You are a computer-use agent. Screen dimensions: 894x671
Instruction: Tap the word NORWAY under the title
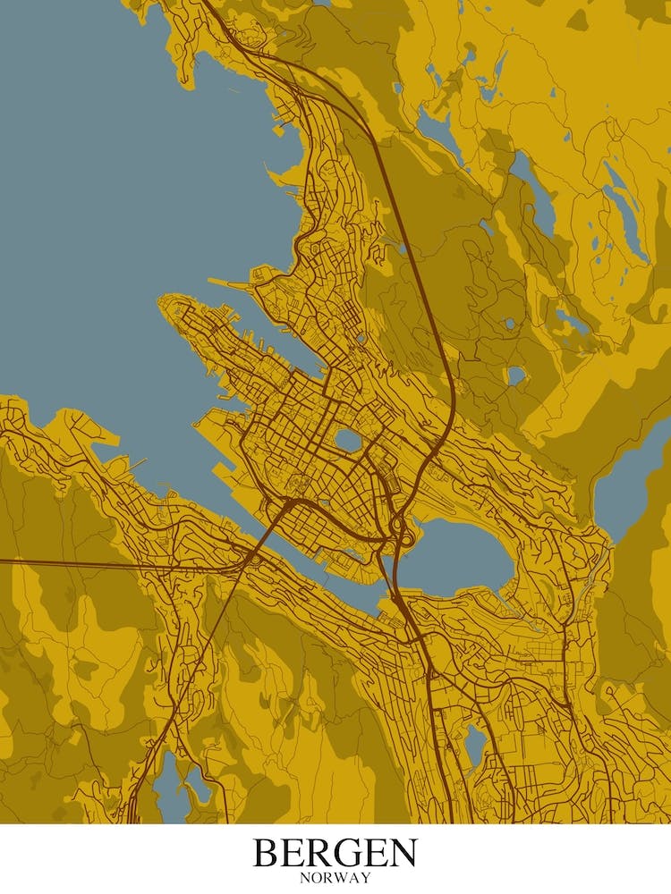(x=335, y=878)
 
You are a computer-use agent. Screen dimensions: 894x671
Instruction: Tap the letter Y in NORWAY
(x=365, y=878)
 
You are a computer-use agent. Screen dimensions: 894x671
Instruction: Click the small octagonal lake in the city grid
(x=347, y=440)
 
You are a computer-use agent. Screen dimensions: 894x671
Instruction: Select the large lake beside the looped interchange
(x=456, y=556)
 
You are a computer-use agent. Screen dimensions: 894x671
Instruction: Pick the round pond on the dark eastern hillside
(x=515, y=375)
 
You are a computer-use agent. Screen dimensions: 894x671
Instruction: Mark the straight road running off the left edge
(x=89, y=563)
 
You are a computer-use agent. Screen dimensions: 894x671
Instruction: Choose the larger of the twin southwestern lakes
(x=168, y=787)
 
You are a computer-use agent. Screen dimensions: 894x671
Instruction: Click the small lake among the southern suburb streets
(x=475, y=742)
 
